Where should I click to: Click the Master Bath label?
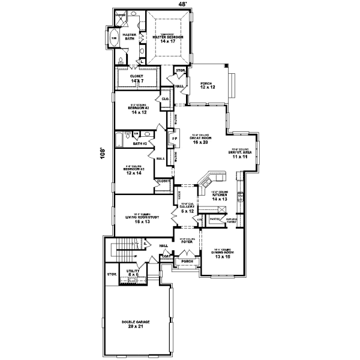130,37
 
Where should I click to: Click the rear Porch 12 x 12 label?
207,85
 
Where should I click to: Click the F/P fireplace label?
175,139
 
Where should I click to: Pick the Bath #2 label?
140,143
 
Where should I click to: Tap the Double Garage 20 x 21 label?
135,323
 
